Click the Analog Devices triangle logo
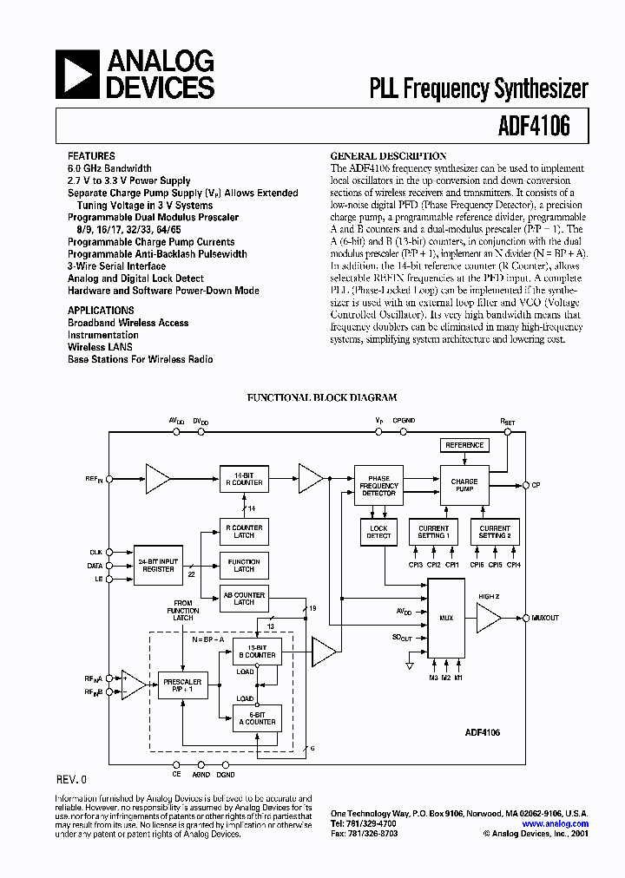(x=76, y=73)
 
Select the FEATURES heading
(x=91, y=156)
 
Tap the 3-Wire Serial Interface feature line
(x=116, y=266)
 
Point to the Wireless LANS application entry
(x=100, y=346)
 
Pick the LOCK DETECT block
(x=378, y=532)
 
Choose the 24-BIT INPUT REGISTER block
(x=157, y=565)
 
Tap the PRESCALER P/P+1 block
(x=182, y=686)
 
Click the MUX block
(x=446, y=619)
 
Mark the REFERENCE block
(x=464, y=445)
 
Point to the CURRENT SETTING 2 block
(x=495, y=532)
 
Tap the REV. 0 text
(x=71, y=779)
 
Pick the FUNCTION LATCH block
(x=244, y=566)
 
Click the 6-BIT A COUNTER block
(x=258, y=717)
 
